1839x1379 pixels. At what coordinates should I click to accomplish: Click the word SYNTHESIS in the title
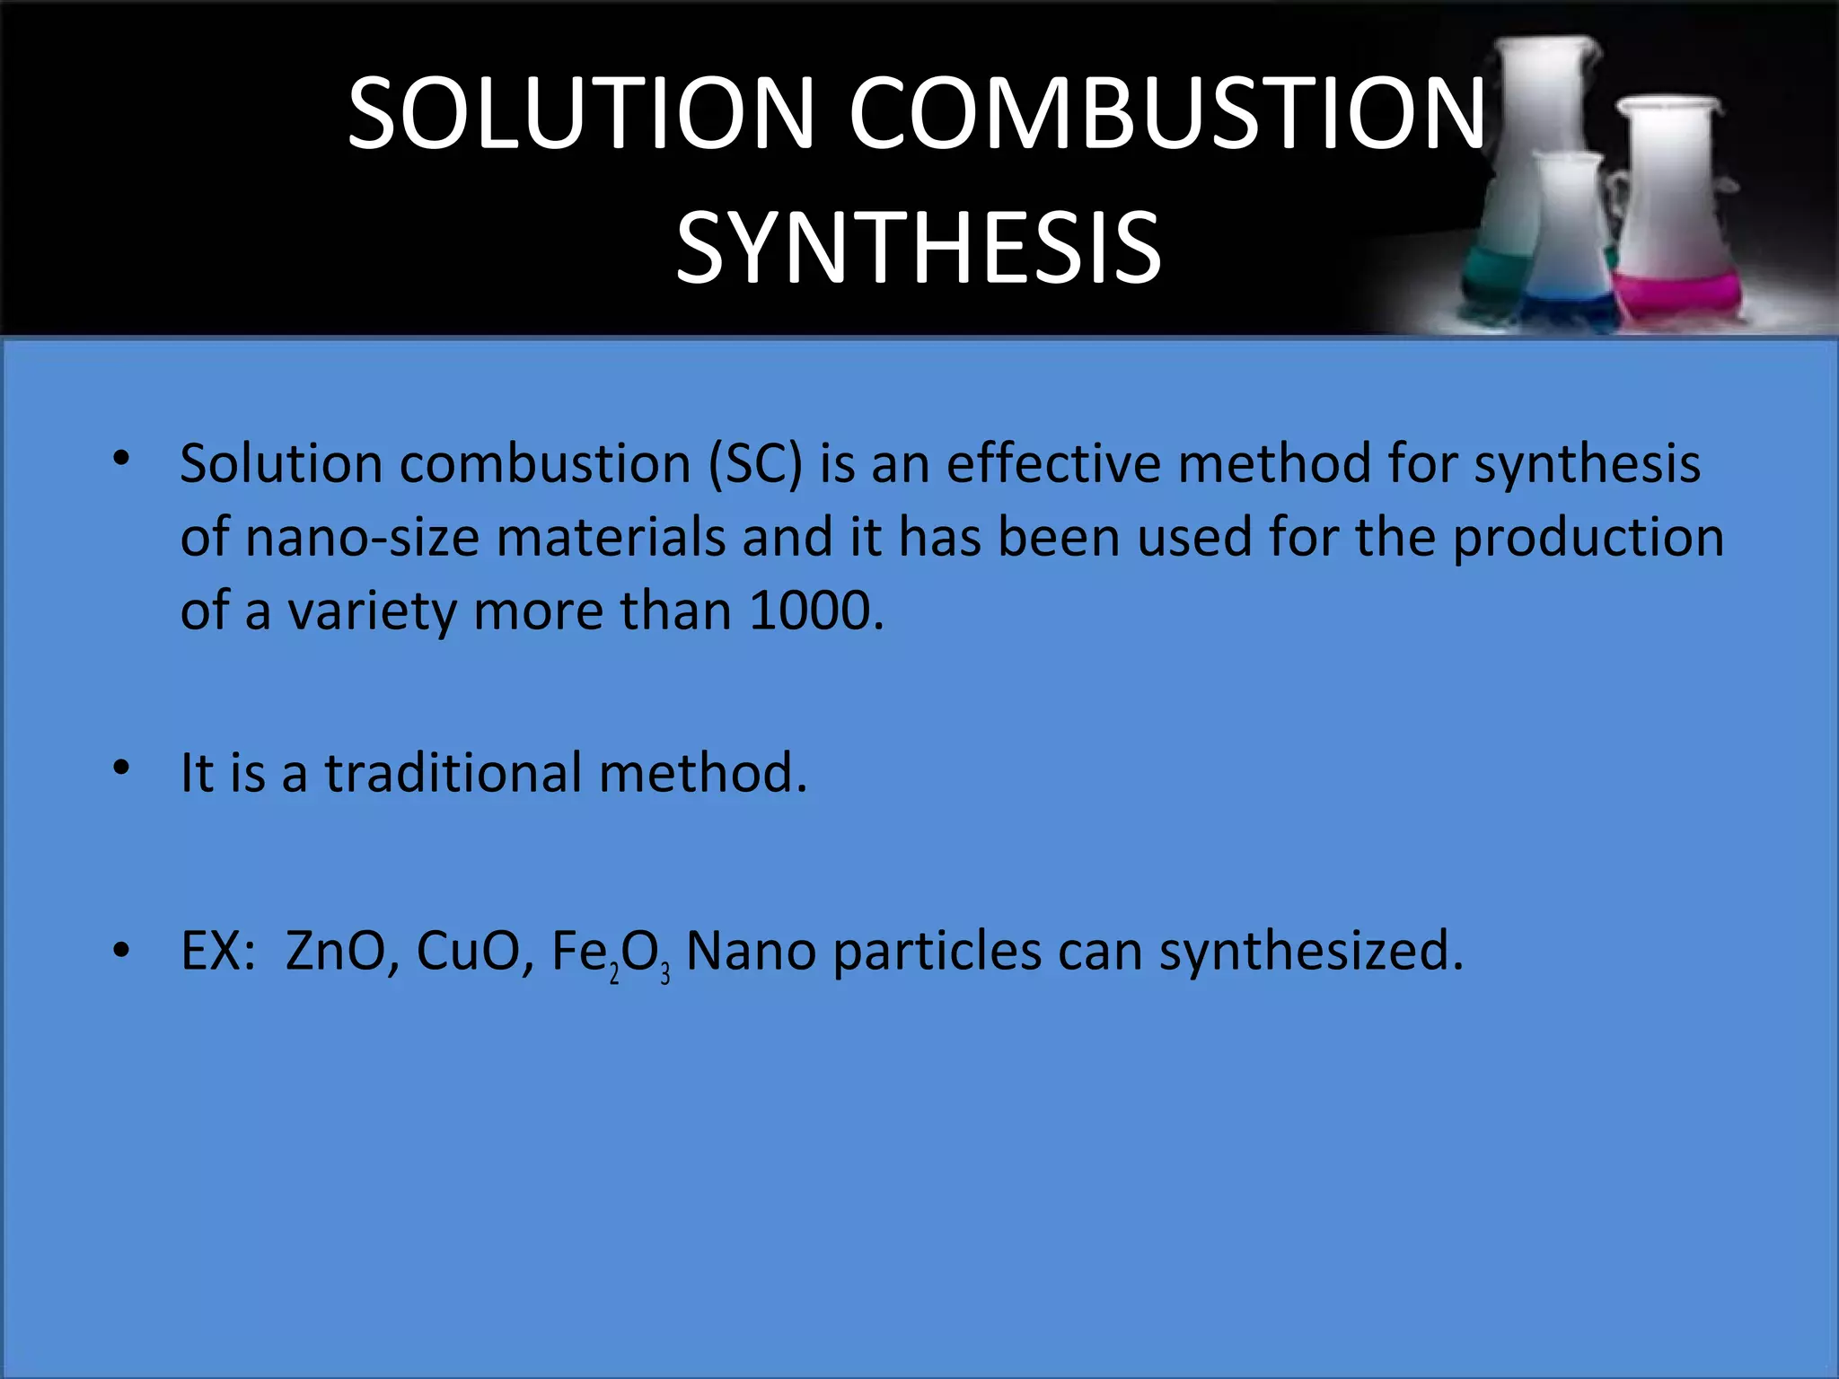919,248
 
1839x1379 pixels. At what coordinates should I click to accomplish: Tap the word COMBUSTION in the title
1167,113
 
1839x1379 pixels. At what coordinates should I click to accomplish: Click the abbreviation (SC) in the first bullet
755,464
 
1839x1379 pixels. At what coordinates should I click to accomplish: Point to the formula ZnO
335,952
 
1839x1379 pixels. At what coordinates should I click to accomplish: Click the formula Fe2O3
610,953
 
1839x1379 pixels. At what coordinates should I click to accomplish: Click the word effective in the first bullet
1053,464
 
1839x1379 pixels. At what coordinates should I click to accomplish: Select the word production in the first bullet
1588,538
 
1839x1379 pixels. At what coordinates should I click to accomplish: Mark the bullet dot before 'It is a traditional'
122,768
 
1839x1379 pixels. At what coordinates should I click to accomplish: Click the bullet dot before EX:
122,950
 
